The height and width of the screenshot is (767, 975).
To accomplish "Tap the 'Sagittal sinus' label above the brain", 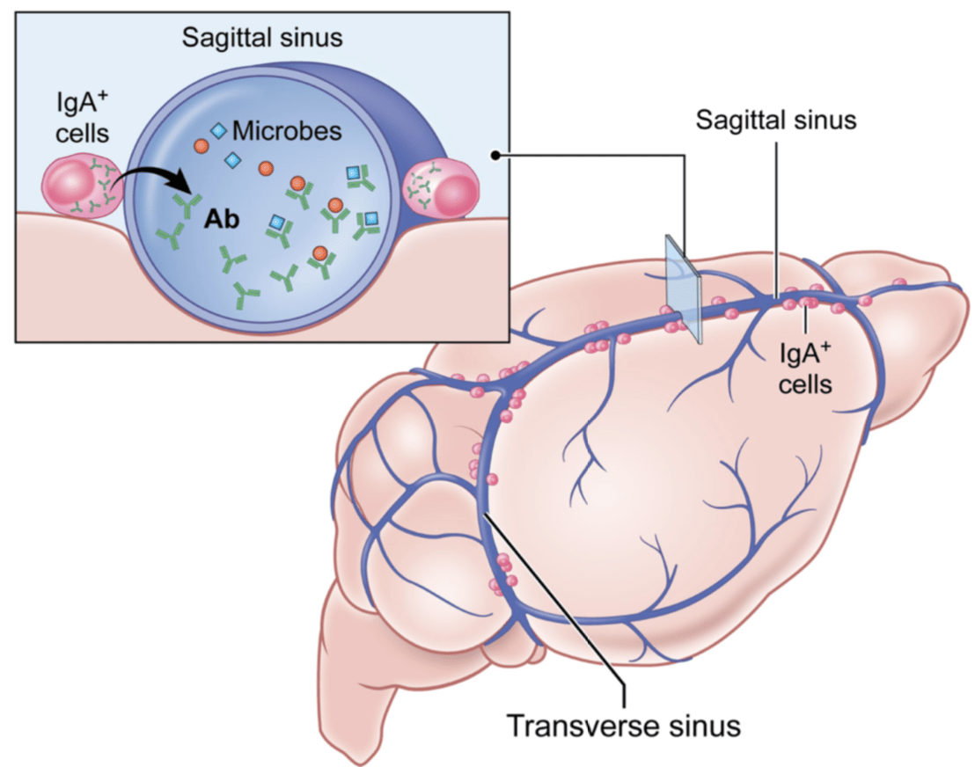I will tap(775, 120).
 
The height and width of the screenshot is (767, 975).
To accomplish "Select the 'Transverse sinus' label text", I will tap(624, 727).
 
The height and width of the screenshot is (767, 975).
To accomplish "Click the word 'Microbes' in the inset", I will tap(286, 133).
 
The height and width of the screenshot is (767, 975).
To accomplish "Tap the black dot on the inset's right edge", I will tap(498, 156).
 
